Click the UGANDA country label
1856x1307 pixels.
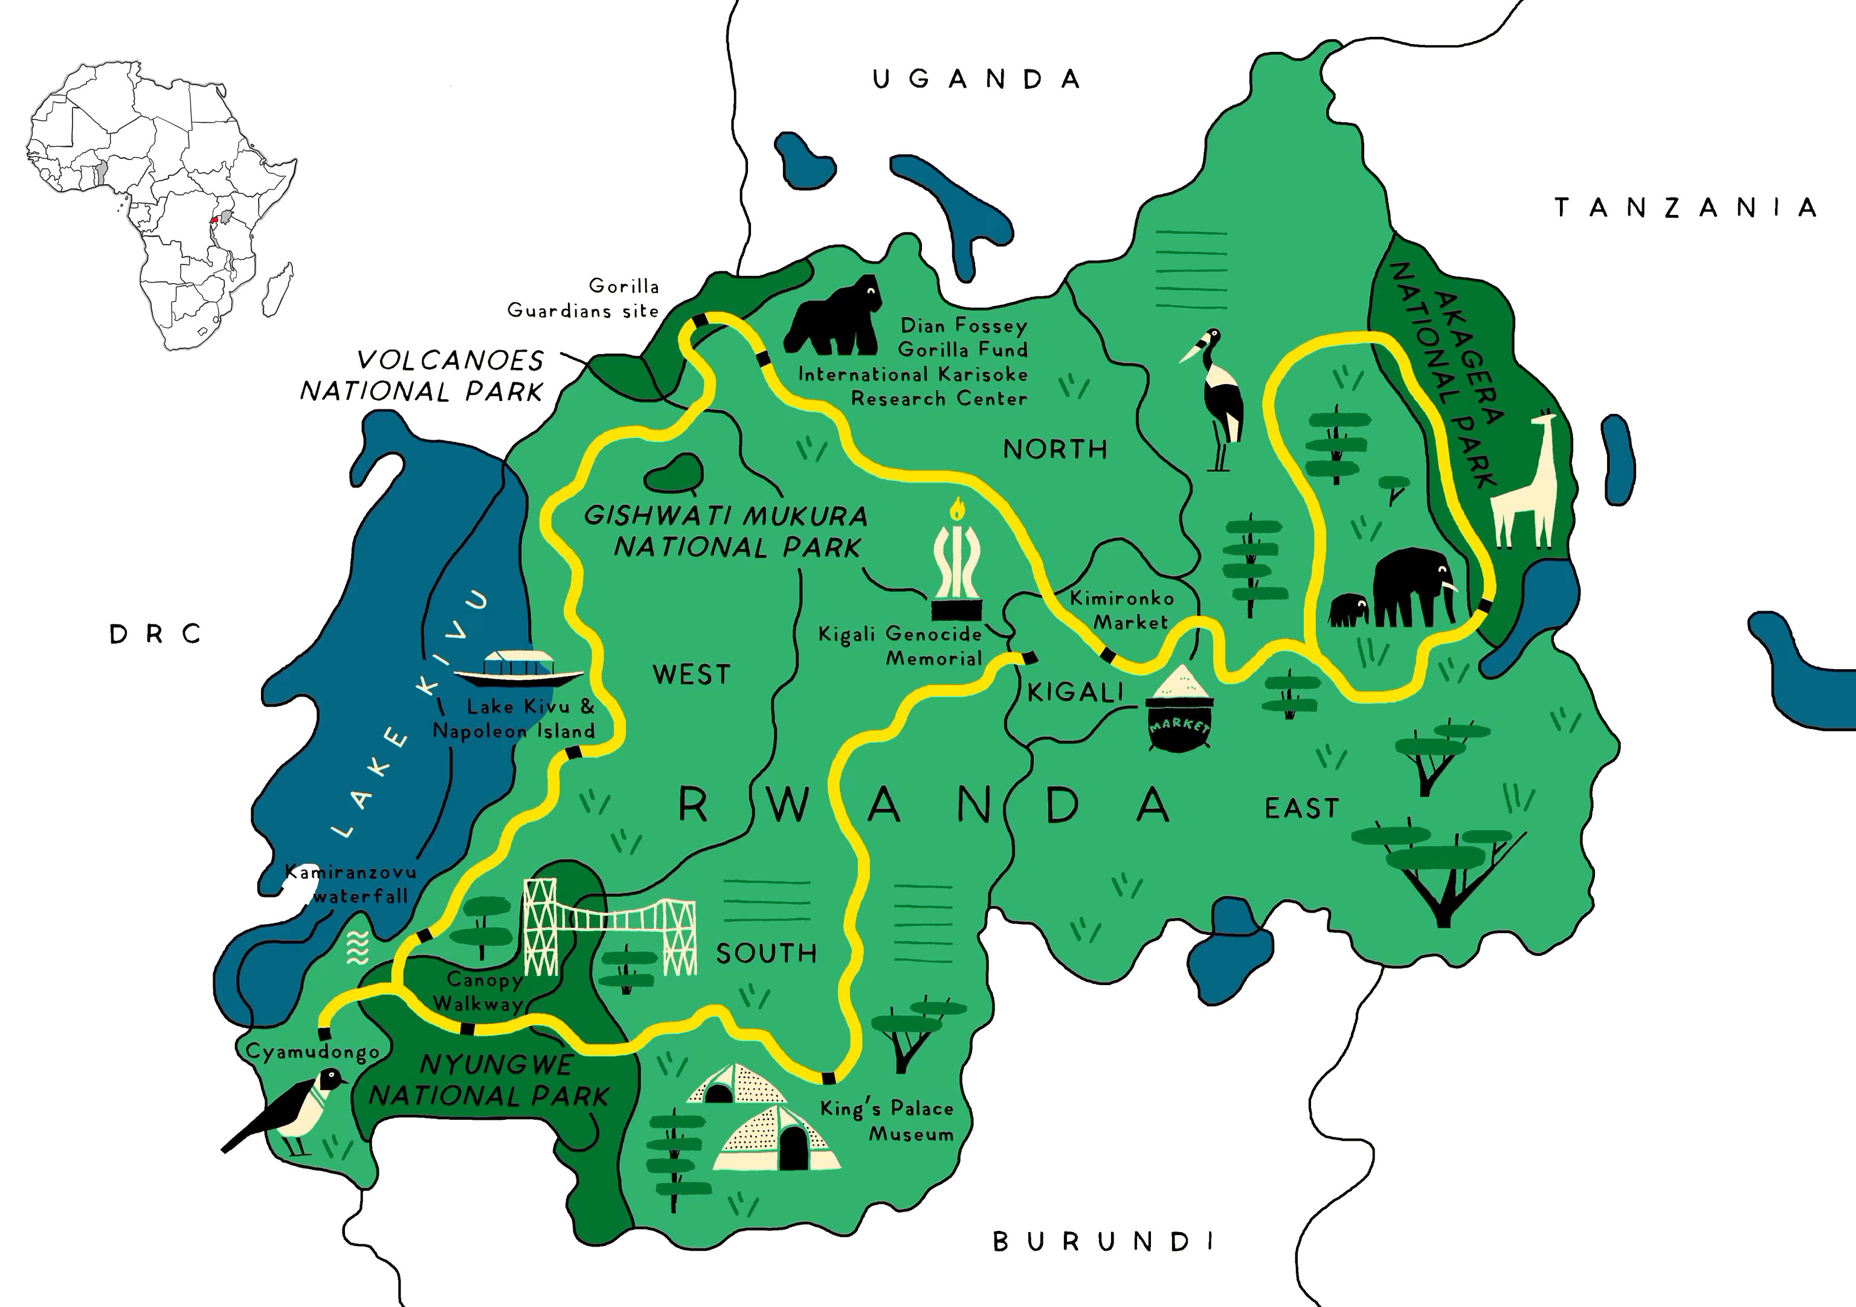coord(976,79)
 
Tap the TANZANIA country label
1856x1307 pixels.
coord(1686,208)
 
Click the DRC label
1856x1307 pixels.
coord(155,635)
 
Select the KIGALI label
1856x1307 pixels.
coord(1075,693)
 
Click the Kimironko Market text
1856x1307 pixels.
coord(1122,610)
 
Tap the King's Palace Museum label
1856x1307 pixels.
coord(888,1121)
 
